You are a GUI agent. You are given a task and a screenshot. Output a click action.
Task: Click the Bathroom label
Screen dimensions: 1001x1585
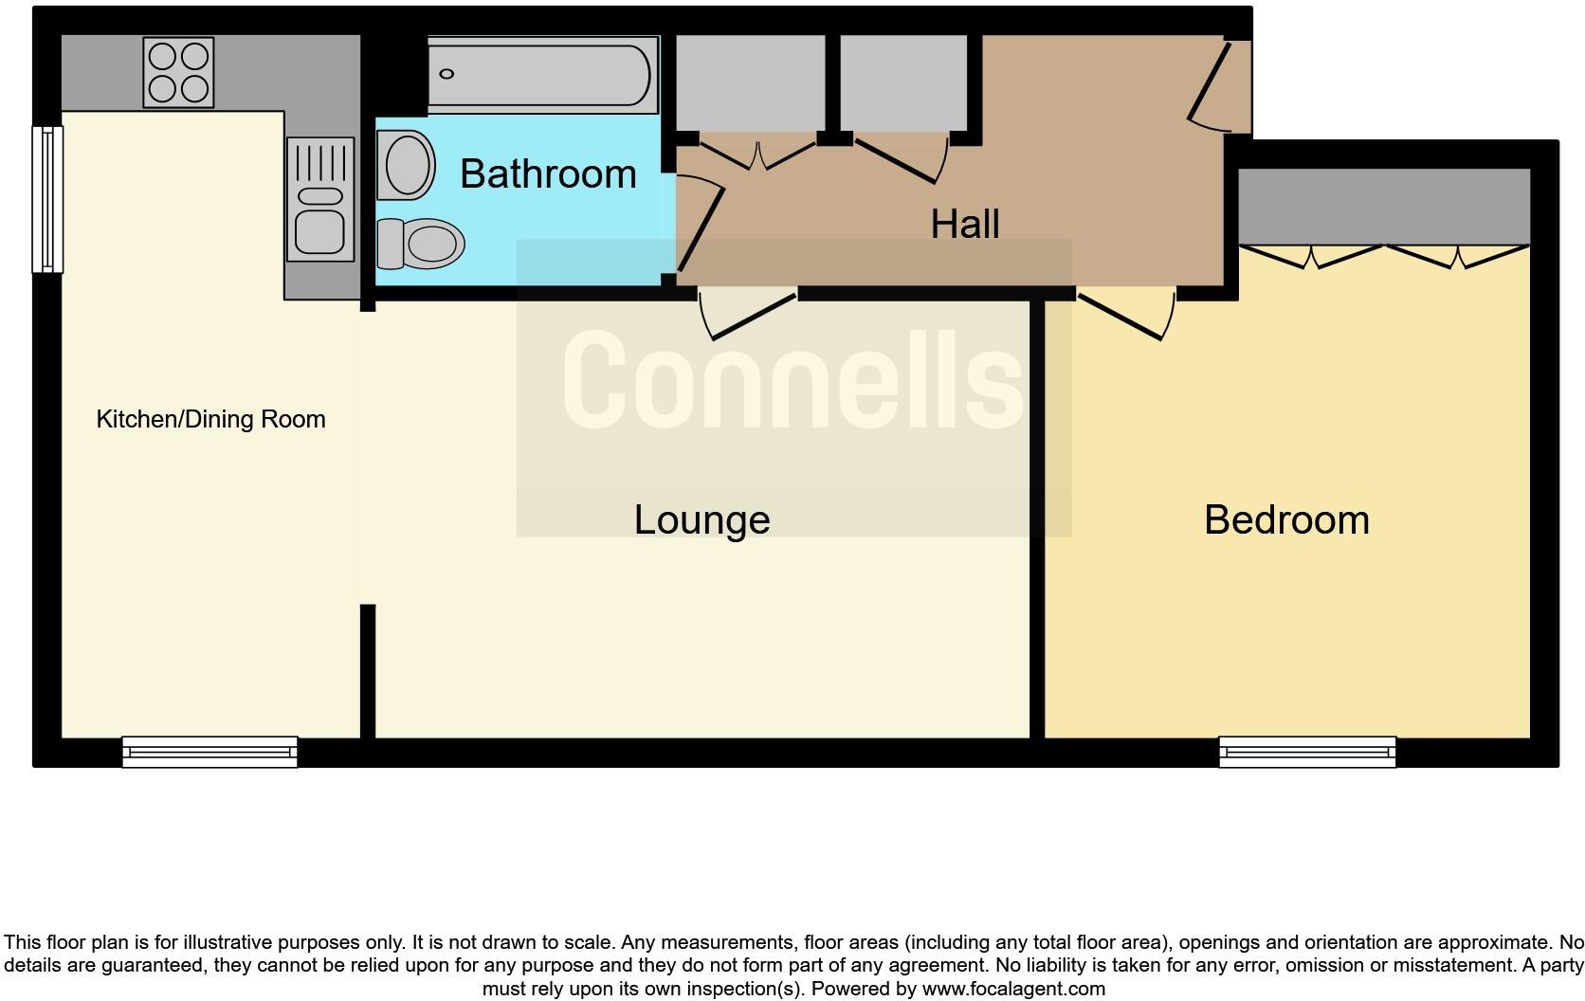(x=548, y=174)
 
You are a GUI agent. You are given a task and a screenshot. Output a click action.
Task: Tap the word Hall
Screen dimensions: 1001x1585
(x=964, y=225)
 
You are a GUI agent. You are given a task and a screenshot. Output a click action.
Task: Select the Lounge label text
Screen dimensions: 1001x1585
(x=701, y=519)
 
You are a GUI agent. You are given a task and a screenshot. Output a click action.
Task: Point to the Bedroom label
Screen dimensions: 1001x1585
(x=1286, y=519)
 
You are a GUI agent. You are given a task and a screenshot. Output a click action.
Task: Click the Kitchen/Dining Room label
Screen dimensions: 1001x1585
(x=210, y=419)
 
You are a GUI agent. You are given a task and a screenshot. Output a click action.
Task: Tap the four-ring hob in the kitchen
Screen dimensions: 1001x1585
(x=178, y=72)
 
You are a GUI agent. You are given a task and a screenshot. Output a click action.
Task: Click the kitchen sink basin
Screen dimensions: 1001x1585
(x=319, y=229)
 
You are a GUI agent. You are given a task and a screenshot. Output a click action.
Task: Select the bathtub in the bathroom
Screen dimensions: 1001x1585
(x=542, y=74)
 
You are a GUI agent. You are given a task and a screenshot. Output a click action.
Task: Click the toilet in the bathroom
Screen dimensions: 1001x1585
(x=422, y=244)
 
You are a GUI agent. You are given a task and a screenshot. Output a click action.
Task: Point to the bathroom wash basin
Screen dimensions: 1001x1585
(x=406, y=165)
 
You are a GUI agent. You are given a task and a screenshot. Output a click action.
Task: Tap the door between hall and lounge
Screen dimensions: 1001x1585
(x=748, y=313)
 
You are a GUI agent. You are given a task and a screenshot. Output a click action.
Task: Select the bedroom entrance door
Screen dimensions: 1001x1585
(x=1126, y=313)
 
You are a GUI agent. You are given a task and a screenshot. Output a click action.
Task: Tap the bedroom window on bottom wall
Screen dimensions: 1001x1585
(x=1307, y=752)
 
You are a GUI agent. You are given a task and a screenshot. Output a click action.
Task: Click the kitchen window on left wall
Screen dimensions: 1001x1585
(x=46, y=199)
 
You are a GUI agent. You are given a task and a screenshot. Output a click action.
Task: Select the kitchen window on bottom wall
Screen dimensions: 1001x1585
(x=210, y=752)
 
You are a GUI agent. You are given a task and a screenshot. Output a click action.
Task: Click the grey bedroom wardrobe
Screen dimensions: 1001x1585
(x=1384, y=207)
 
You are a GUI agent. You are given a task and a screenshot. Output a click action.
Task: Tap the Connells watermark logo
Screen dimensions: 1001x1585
(x=793, y=379)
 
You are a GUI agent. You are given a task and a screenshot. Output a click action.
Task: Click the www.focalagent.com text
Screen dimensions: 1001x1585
(x=1013, y=989)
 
